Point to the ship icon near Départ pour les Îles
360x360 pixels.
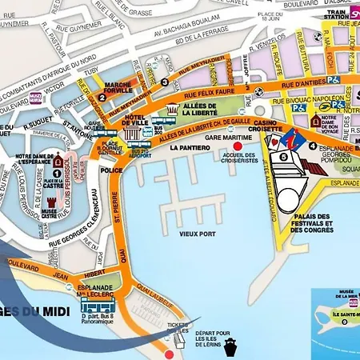[x=231, y=346]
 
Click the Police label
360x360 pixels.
[x=112, y=170]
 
